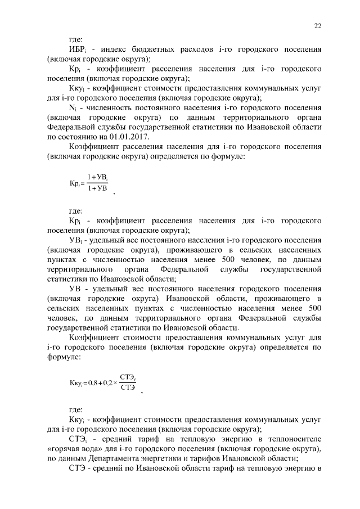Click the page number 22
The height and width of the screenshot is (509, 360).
coord(317,25)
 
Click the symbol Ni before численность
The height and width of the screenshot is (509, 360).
coord(73,107)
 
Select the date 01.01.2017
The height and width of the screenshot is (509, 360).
coord(139,136)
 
